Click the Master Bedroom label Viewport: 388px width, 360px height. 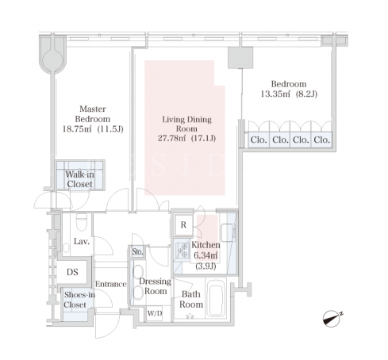pos(93,114)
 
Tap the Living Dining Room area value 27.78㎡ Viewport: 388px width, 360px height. pos(172,138)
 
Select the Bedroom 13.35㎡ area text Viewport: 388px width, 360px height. pos(275,94)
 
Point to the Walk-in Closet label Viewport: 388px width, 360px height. pos(79,179)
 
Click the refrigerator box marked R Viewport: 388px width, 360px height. pos(183,225)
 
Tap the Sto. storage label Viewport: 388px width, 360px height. pos(137,251)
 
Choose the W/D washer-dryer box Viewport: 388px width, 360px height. pos(155,313)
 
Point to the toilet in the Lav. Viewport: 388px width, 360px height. pos(81,222)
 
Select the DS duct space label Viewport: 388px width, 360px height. pos(72,272)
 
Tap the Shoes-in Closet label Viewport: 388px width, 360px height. pos(79,300)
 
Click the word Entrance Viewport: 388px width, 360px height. pos(110,284)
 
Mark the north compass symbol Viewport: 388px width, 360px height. pos(332,318)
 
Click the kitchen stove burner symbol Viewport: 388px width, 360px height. pos(182,251)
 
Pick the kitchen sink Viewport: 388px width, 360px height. pos(228,232)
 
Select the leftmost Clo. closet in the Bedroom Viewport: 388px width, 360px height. pos(259,140)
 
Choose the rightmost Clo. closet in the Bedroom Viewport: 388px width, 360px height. pos(321,140)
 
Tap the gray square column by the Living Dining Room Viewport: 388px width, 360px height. pos(240,58)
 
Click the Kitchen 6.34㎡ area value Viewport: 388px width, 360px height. pos(206,255)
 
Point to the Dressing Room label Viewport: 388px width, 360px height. pos(156,286)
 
